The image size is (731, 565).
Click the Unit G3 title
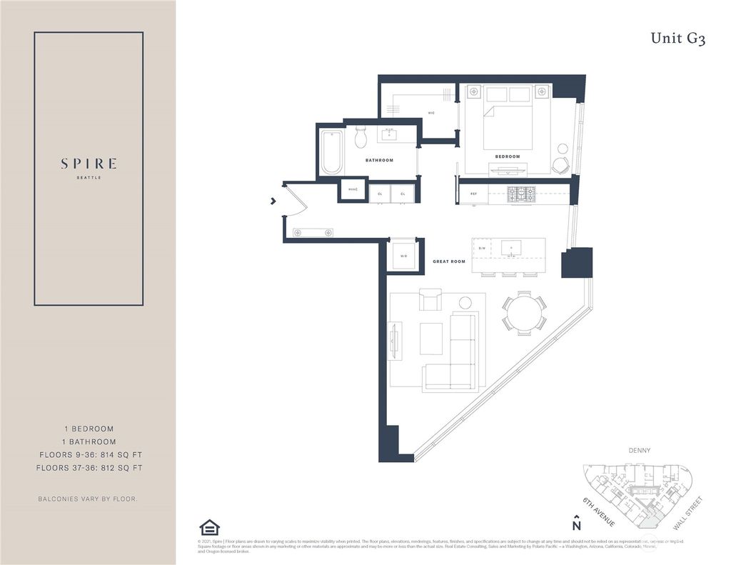click(677, 39)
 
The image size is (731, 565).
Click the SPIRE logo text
click(89, 164)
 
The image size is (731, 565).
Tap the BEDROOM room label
click(507, 156)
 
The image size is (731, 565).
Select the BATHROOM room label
click(379, 160)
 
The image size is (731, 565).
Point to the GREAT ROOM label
click(449, 261)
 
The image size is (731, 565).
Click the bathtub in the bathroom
click(332, 151)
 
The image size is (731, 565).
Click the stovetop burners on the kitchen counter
click(521, 193)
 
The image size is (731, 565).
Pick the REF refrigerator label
click(473, 194)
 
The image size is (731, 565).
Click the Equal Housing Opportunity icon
click(209, 528)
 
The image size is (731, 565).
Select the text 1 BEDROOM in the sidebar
click(88, 429)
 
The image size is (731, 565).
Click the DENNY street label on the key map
click(640, 451)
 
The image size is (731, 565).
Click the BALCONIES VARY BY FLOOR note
click(88, 498)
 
